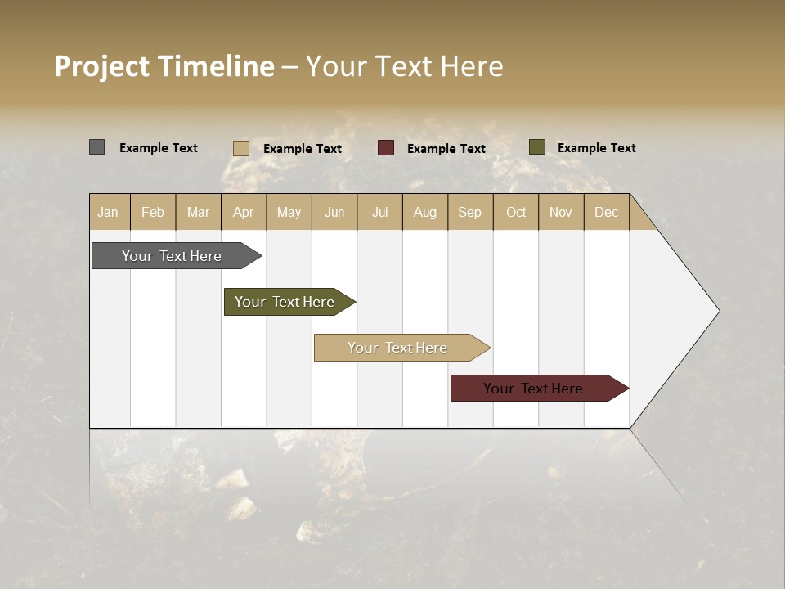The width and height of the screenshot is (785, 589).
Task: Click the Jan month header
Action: [x=109, y=212]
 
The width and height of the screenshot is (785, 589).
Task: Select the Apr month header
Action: [x=244, y=212]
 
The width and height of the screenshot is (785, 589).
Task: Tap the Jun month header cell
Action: [x=334, y=212]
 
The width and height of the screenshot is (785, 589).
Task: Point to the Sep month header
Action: [x=470, y=212]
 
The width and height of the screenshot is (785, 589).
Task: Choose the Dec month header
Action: [x=606, y=212]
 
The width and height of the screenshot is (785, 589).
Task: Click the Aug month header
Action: [x=425, y=212]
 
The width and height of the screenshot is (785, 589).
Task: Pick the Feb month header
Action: [x=153, y=212]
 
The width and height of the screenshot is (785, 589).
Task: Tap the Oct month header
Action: [x=516, y=212]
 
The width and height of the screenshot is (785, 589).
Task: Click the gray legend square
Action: [x=97, y=147]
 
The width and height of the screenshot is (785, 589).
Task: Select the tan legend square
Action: [x=241, y=148]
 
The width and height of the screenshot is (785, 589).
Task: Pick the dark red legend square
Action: [x=386, y=148]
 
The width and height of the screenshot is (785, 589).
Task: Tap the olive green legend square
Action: [x=537, y=147]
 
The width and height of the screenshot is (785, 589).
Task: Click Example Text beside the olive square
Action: [x=596, y=148]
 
